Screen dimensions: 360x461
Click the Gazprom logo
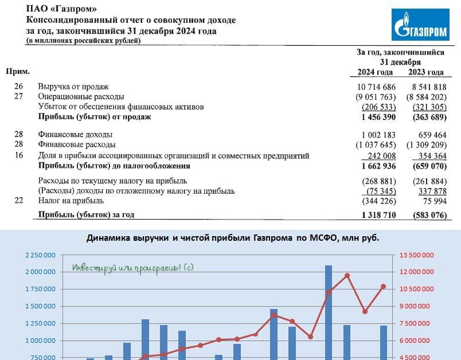[x=420, y=25]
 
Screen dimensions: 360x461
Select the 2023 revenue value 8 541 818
[x=424, y=87]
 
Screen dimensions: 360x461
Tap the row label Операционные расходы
[x=81, y=97]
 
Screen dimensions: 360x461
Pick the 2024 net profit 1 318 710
[x=379, y=215]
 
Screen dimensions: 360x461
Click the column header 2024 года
[x=375, y=72]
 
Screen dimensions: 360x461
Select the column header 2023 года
[x=425, y=72]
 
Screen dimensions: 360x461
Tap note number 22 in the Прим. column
[x=18, y=201]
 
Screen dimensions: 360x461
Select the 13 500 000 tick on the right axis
[x=417, y=255]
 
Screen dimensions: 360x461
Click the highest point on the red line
[x=347, y=275]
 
